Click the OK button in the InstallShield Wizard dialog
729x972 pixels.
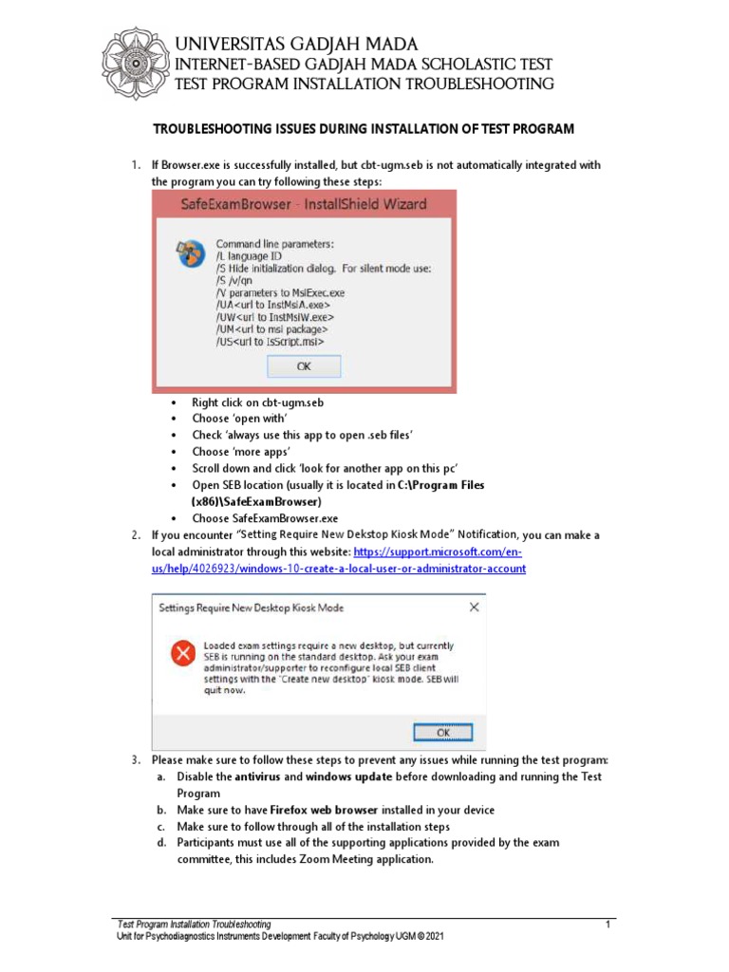tap(303, 366)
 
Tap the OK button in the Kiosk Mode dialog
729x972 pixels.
tap(442, 732)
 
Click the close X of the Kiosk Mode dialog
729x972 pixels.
tap(473, 607)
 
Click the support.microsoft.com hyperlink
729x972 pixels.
tap(437, 551)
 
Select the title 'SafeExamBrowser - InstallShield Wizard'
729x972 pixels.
tap(304, 203)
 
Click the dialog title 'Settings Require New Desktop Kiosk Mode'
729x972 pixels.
tap(252, 607)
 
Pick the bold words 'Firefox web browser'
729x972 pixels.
tap(325, 810)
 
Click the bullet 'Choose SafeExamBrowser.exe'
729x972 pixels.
tap(265, 518)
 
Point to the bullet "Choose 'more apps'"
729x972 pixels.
tap(241, 452)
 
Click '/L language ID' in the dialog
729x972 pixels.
tap(250, 256)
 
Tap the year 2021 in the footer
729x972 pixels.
tap(434, 936)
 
